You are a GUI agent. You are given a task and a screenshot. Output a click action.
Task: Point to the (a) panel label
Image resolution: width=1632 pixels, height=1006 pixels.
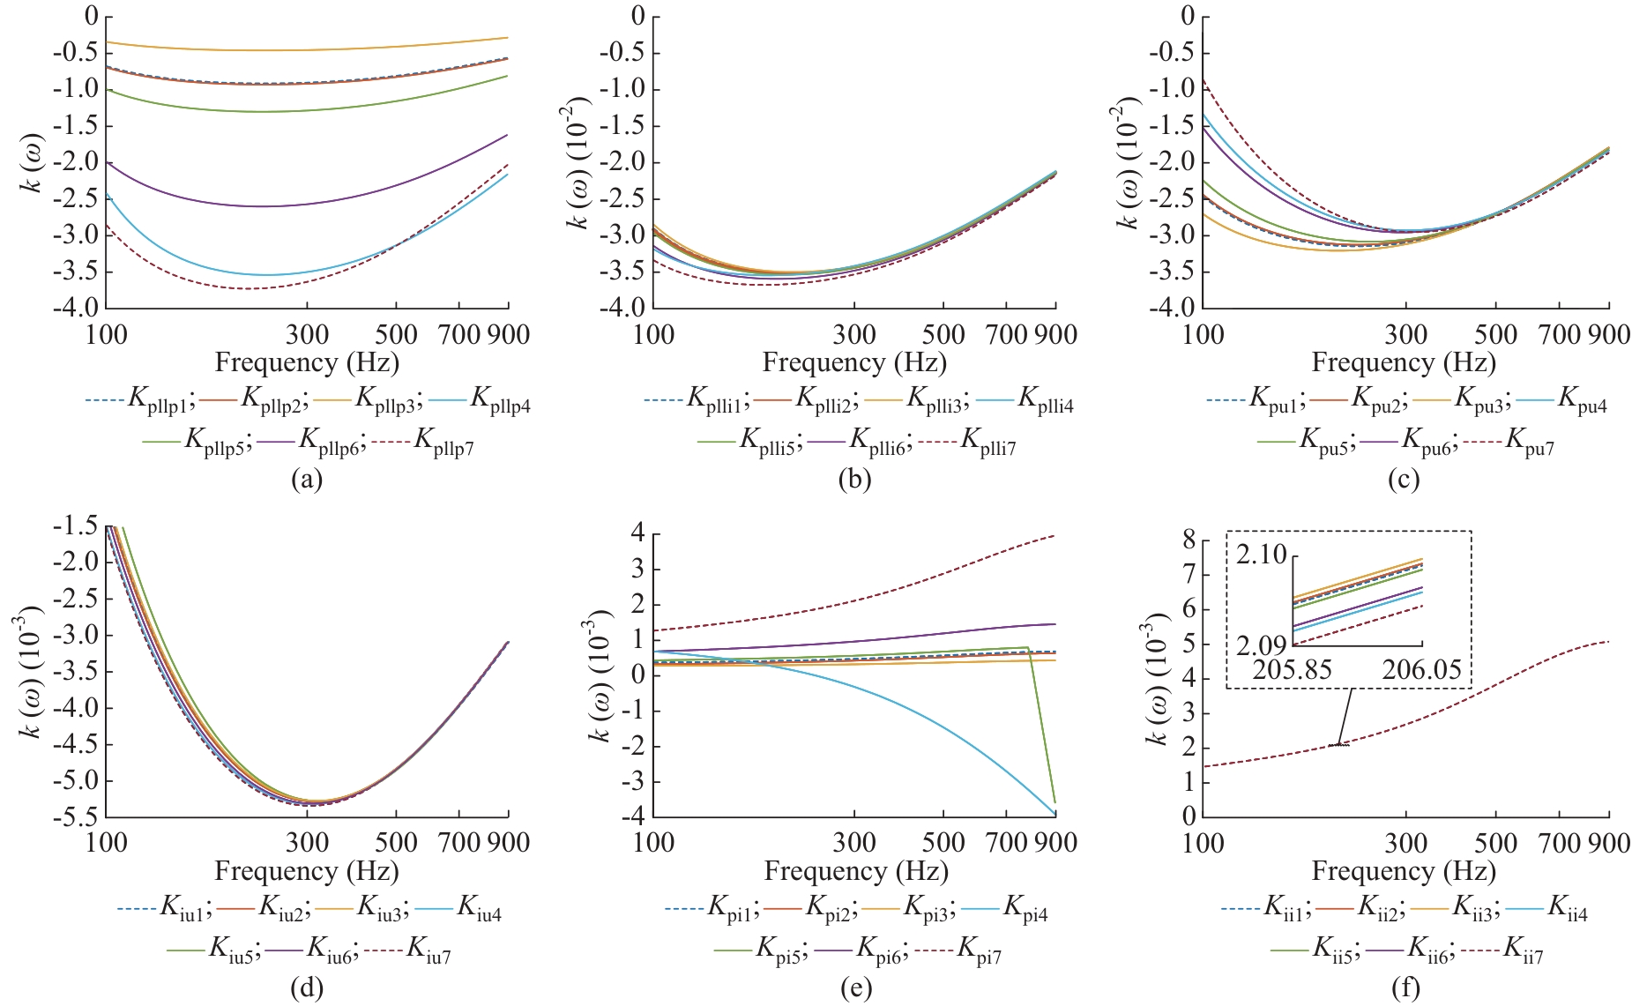click(307, 479)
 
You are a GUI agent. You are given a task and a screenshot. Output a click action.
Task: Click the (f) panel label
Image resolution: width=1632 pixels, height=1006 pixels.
click(1405, 987)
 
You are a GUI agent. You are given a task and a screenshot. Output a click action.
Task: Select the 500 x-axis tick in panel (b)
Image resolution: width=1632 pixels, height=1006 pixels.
click(943, 335)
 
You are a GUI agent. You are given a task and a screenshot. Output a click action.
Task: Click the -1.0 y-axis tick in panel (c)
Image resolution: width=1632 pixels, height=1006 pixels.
click(1174, 89)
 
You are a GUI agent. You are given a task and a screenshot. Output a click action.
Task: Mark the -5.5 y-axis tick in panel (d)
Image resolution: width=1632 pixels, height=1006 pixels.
click(78, 816)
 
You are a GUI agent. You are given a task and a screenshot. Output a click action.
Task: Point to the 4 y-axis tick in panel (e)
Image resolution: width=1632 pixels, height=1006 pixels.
click(637, 533)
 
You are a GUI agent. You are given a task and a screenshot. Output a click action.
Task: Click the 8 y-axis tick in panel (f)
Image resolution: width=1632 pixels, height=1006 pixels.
click(1189, 540)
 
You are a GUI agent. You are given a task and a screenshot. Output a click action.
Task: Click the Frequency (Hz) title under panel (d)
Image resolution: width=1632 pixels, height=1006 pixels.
click(307, 871)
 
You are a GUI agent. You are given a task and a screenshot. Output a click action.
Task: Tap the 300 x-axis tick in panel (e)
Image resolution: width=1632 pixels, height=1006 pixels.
click(854, 843)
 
